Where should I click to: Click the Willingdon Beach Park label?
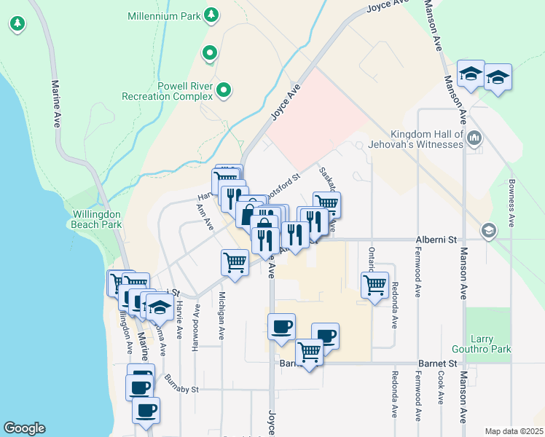(x=97, y=220)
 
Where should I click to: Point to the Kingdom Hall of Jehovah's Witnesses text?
(x=427, y=139)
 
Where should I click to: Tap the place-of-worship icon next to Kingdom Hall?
(x=474, y=137)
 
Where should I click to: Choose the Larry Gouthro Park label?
(x=493, y=344)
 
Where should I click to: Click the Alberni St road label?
(x=436, y=239)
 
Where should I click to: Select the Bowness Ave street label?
(x=512, y=202)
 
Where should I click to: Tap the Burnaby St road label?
(x=181, y=384)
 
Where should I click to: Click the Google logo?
(x=24, y=428)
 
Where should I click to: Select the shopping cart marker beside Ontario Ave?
(x=375, y=284)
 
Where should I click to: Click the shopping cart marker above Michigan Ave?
(x=235, y=262)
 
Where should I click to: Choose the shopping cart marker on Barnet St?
(x=309, y=353)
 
